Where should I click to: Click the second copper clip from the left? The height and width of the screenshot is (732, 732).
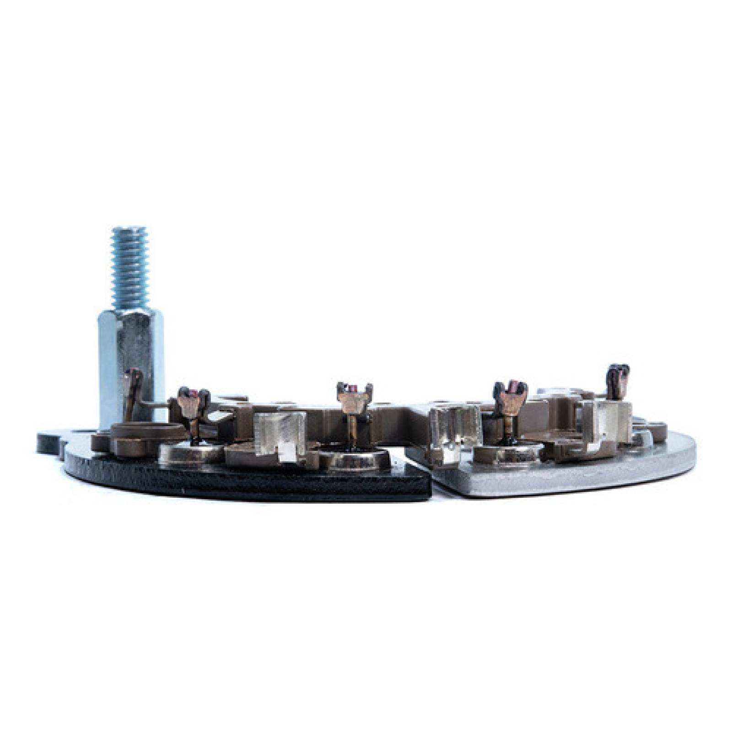click(x=192, y=403)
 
